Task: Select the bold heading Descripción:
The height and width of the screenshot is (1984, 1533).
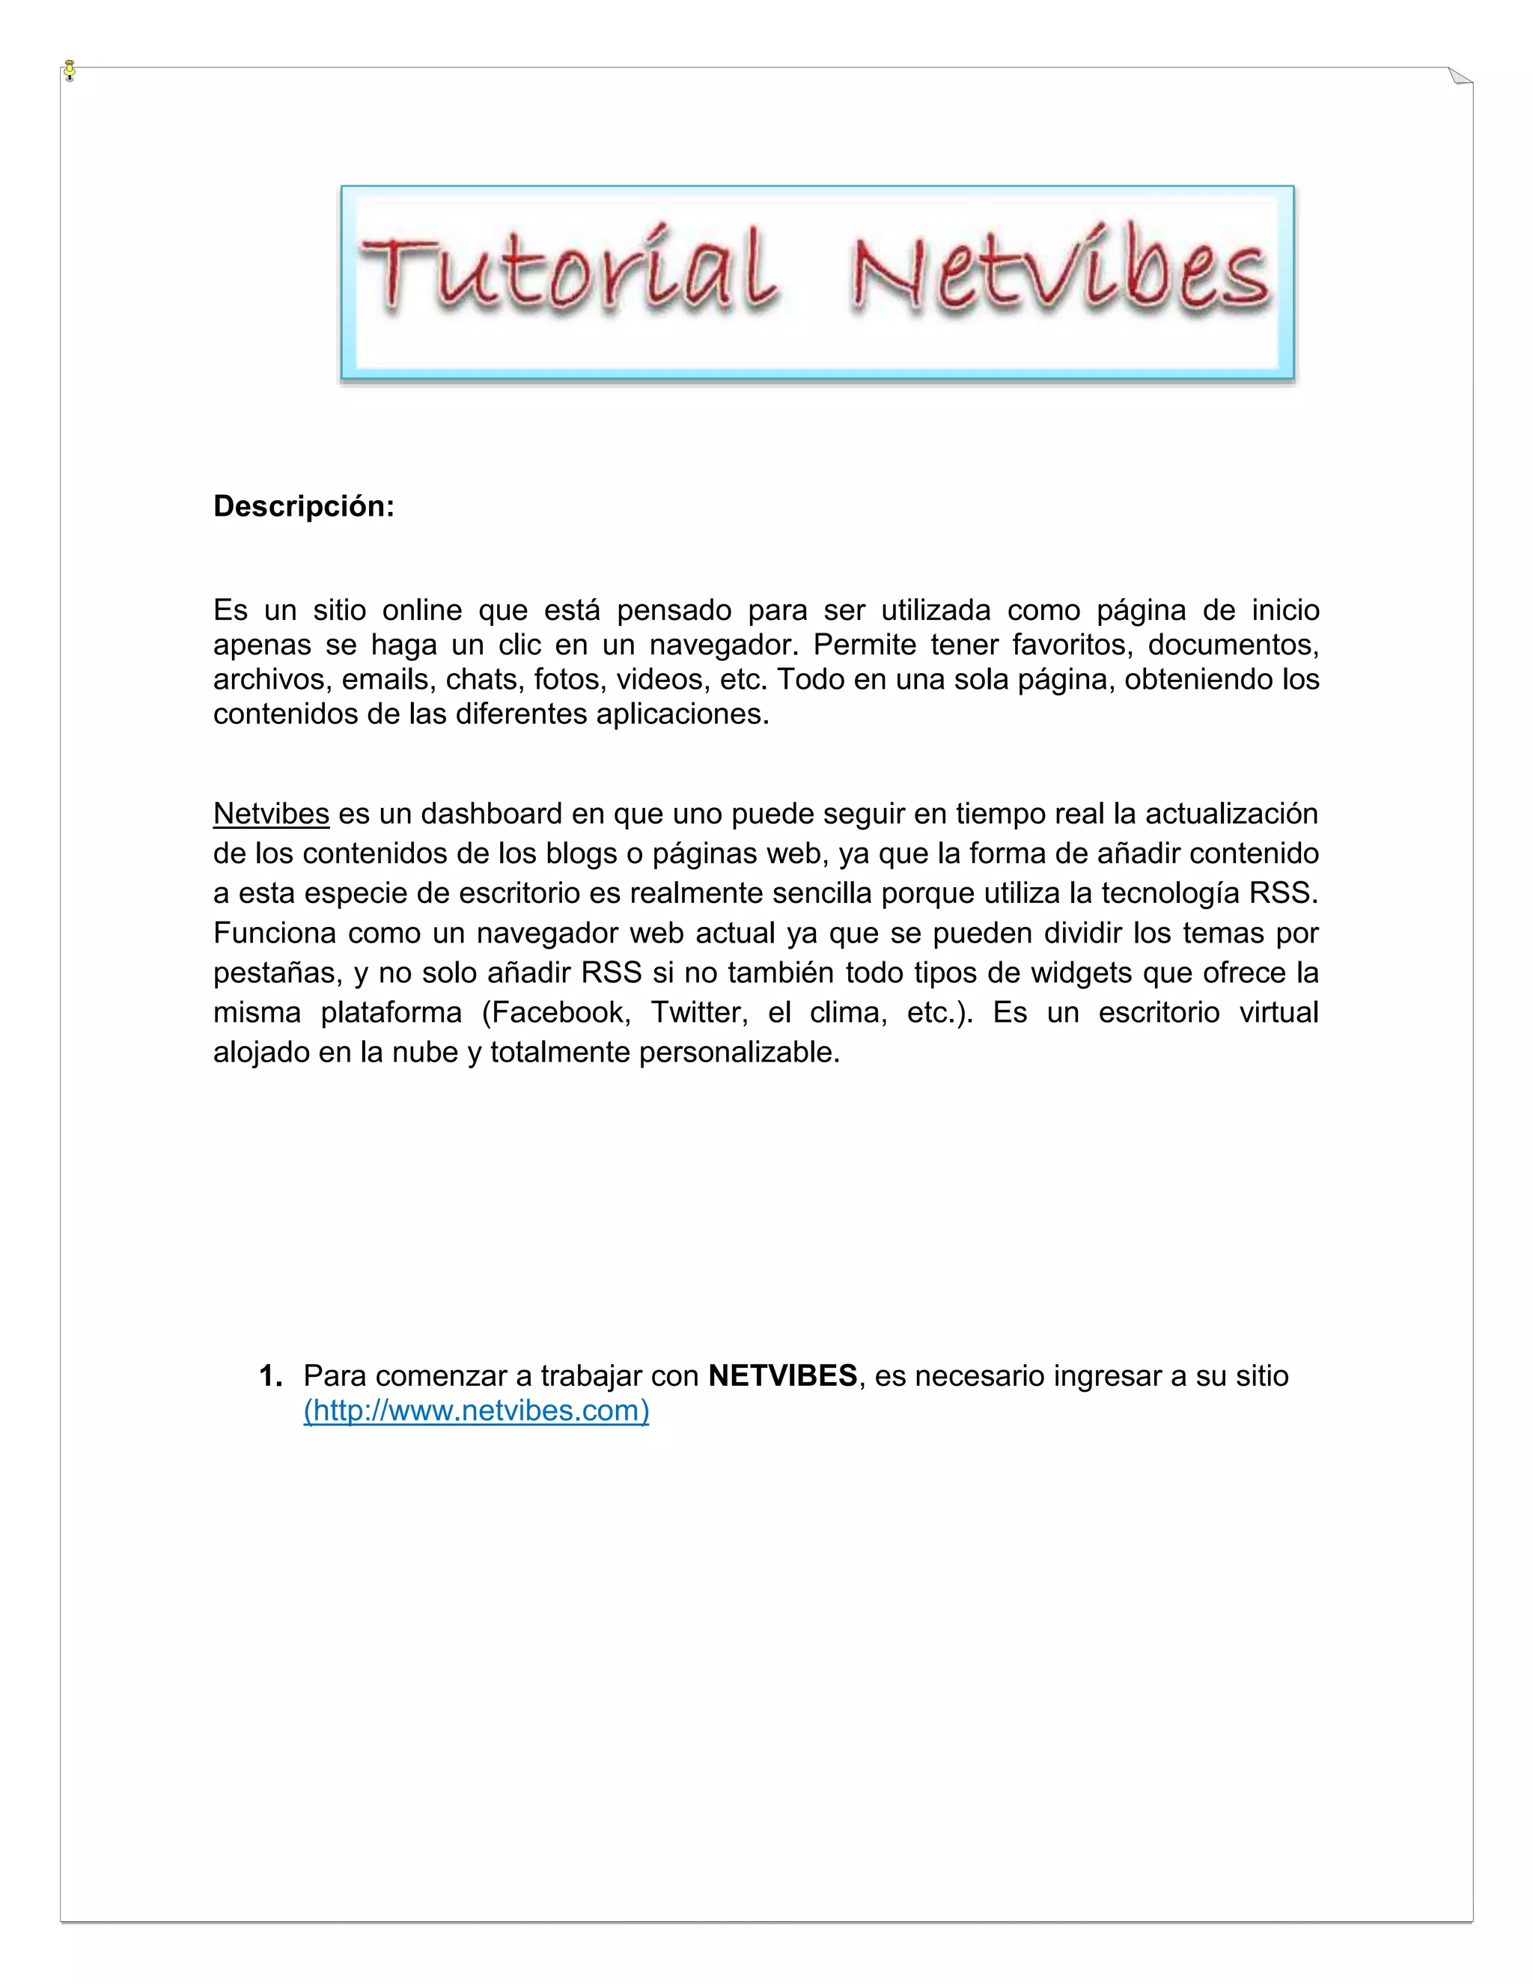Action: [303, 507]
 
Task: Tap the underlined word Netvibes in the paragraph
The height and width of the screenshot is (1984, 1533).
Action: [271, 814]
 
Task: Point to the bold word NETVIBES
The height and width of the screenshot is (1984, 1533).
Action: [782, 1375]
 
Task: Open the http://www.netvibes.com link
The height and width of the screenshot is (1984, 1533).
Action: [476, 1411]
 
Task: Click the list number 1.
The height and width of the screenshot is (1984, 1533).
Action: [269, 1375]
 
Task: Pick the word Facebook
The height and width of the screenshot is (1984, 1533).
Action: [556, 1012]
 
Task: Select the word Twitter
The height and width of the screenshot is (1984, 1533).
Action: [695, 1012]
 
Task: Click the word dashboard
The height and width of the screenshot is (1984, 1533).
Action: [491, 814]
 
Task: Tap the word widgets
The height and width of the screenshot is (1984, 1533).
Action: [1081, 973]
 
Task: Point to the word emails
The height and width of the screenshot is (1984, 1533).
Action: [384, 680]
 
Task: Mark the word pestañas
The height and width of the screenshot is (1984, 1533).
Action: [277, 973]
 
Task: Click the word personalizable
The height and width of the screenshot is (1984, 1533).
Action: [740, 1052]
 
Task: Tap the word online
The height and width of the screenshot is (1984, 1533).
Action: [421, 610]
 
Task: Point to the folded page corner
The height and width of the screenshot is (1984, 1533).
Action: [1460, 76]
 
